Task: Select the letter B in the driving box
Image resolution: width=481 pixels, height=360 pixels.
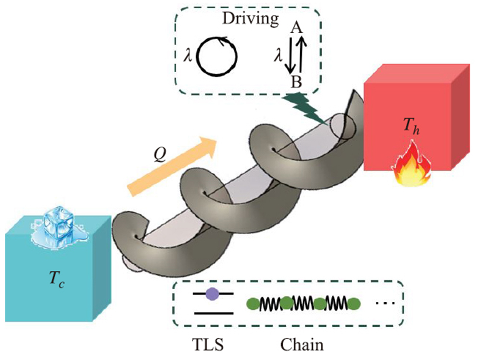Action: (296, 82)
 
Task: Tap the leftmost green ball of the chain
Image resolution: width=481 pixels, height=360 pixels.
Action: (253, 303)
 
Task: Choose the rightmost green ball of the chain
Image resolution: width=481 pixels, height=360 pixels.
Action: (354, 303)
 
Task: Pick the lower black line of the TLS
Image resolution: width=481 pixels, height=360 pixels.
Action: (214, 313)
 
